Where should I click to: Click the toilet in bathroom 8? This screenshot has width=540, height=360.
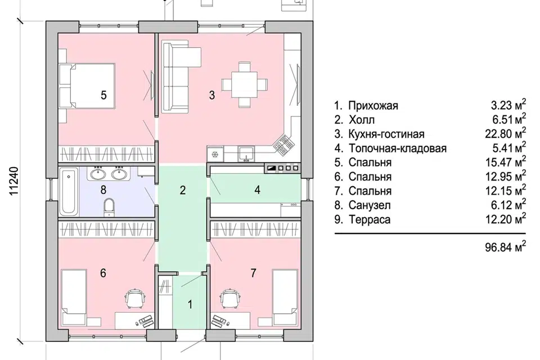tap(109, 208)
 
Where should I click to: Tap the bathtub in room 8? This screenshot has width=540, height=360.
tap(69, 191)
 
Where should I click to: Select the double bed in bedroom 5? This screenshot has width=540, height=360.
tap(87, 85)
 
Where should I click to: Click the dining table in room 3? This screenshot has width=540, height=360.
tap(245, 84)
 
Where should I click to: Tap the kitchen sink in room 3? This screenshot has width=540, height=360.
tap(246, 154)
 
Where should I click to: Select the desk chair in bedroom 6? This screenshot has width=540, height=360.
tap(135, 298)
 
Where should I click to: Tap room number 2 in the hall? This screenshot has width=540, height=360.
tap(183, 190)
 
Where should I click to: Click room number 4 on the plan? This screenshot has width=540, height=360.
tap(257, 190)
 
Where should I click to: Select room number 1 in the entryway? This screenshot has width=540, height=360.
tap(190, 304)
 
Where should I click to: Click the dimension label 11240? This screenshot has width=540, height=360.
tap(14, 181)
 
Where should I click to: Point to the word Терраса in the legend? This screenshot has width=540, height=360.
tap(370, 219)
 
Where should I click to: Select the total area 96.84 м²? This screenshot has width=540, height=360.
tap(506, 247)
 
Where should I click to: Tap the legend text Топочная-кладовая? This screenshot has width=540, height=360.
tap(398, 148)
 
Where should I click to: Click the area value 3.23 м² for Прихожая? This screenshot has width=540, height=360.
tap(508, 105)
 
